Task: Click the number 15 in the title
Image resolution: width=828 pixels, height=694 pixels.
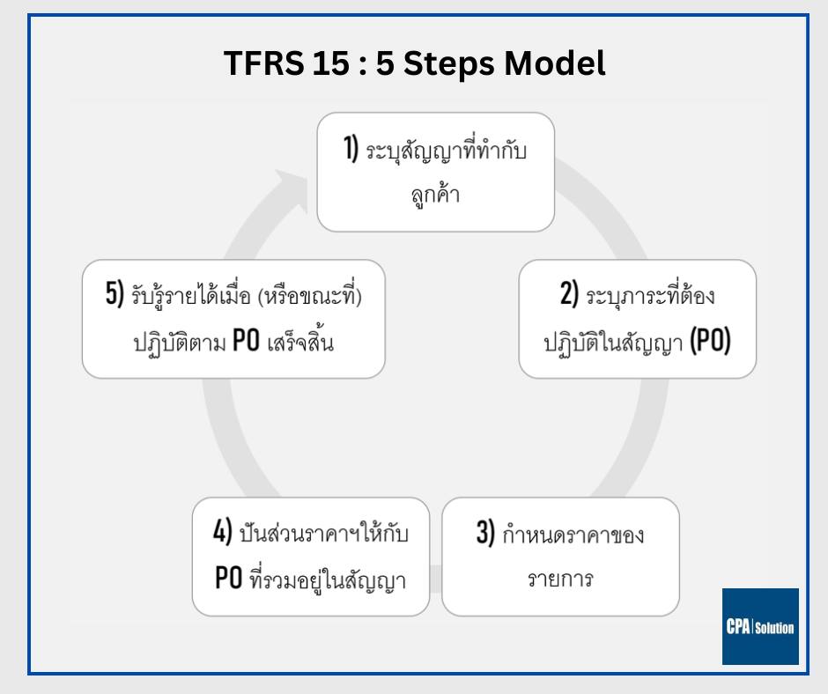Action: [330, 63]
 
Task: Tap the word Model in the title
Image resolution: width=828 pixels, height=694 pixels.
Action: [554, 63]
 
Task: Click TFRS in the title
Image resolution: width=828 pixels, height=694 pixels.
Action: [264, 63]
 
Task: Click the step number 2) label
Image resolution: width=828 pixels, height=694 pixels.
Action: [569, 293]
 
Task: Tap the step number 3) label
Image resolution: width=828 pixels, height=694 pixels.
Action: [485, 532]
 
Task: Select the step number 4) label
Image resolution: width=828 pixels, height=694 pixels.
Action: [222, 530]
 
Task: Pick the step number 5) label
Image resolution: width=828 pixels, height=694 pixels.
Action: [115, 293]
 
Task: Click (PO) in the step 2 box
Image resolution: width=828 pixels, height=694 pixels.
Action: [710, 341]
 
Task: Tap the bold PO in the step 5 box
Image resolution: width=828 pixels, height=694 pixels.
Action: [246, 341]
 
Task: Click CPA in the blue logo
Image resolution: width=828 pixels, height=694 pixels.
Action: [738, 627]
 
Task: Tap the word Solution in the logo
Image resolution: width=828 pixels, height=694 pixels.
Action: [774, 628]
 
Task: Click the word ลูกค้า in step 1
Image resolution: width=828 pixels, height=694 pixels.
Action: [436, 195]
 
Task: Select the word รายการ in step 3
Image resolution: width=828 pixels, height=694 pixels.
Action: [560, 580]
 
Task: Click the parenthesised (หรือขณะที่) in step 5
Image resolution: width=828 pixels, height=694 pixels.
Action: [310, 294]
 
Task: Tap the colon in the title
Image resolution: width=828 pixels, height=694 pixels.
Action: [362, 64]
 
